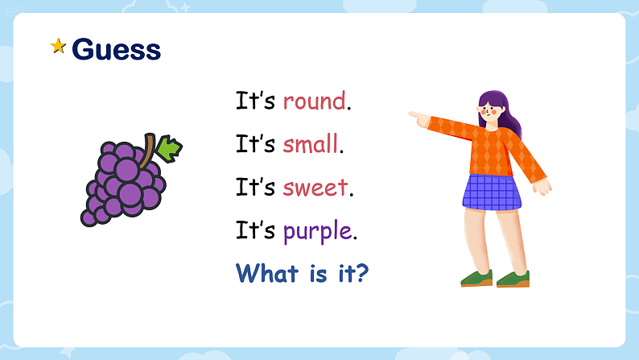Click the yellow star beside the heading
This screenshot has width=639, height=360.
[x=58, y=47]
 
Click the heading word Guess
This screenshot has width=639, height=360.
[x=117, y=49]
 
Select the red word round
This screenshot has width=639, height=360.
[x=314, y=101]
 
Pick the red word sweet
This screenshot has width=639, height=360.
[x=315, y=188]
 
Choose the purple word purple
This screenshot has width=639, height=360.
[x=317, y=232]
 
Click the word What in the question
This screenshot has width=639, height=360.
[x=266, y=274]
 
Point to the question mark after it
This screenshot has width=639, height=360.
[x=362, y=274]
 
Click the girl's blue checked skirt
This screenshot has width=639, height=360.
[x=491, y=192]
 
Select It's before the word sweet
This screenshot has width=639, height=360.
[x=256, y=188]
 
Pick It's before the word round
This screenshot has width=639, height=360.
[x=256, y=101]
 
